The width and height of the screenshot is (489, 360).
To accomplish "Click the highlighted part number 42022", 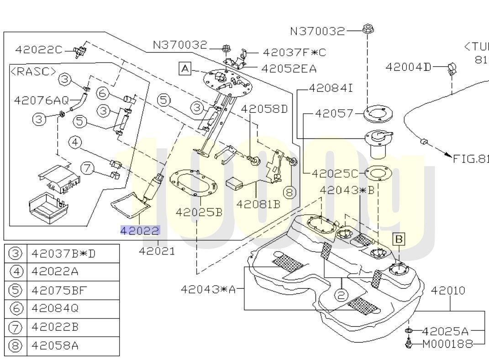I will (140, 231).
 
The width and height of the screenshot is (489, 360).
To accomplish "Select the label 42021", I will (157, 251).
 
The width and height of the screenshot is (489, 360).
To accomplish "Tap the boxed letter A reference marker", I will (184, 69).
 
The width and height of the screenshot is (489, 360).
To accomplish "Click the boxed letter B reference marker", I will (399, 239).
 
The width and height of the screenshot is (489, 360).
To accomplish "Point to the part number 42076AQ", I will (42, 100).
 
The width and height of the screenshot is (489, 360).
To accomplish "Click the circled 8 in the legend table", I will (16, 345).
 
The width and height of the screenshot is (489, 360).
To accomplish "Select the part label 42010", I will (448, 290).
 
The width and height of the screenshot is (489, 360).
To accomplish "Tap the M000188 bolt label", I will (447, 344).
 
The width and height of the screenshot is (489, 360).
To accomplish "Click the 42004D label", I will (408, 67).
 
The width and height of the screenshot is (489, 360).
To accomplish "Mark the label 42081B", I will (258, 204).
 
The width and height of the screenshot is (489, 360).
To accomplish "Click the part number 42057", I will (335, 112).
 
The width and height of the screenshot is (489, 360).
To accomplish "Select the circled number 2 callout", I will (341, 295).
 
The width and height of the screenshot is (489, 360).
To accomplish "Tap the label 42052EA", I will (289, 69).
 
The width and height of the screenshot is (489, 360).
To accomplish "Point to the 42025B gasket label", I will (199, 212).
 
